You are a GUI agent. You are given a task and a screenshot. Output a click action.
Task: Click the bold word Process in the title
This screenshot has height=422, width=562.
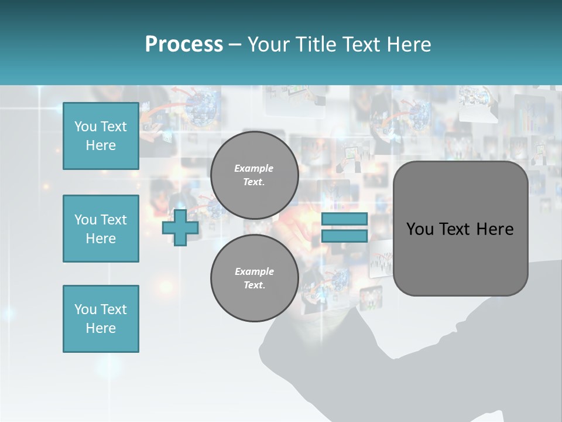(184, 45)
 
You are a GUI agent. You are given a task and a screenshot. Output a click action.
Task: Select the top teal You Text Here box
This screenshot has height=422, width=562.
(101, 136)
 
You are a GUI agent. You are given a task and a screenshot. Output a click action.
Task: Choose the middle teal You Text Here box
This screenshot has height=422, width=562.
(101, 229)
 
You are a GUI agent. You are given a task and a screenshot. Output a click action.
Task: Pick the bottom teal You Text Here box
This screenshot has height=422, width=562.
(101, 319)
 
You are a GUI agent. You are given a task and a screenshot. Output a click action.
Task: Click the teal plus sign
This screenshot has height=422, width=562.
(180, 228)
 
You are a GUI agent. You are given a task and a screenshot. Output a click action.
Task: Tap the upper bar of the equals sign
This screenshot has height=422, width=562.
(344, 219)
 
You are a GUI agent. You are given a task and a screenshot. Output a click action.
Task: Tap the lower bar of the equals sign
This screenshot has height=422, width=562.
(344, 236)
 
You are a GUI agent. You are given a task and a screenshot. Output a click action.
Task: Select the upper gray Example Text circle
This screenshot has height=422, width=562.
(254, 175)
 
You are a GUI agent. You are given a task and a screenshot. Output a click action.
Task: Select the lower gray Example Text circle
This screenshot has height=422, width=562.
(254, 278)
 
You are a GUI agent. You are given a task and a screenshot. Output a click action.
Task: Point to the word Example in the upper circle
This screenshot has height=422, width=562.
(254, 168)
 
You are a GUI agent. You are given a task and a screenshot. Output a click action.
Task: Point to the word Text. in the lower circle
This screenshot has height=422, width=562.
(254, 285)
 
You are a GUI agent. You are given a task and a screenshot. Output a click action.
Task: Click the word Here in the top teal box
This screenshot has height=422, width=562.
(101, 145)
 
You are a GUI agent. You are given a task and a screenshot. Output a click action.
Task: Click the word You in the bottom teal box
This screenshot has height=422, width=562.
(85, 309)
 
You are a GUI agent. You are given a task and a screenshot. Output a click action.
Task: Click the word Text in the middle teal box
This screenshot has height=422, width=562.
(114, 220)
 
